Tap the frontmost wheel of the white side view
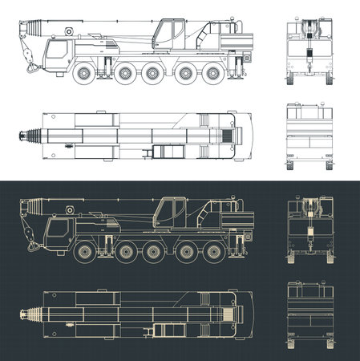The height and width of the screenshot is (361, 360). pyautogui.click(x=85, y=74)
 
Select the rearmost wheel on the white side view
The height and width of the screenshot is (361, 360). pyautogui.click(x=212, y=74)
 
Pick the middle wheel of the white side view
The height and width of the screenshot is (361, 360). pyautogui.click(x=150, y=74)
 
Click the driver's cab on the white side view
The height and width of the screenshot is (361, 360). pyautogui.click(x=59, y=57)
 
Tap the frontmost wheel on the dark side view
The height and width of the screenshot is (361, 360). pyautogui.click(x=85, y=253)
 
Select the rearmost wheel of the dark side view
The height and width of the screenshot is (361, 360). pyautogui.click(x=212, y=253)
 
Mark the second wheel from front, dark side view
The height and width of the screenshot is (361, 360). pyautogui.click(x=126, y=253)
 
